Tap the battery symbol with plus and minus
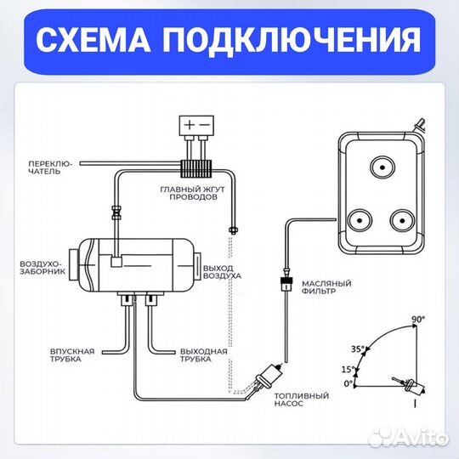point(199,125)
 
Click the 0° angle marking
point(347,383)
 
